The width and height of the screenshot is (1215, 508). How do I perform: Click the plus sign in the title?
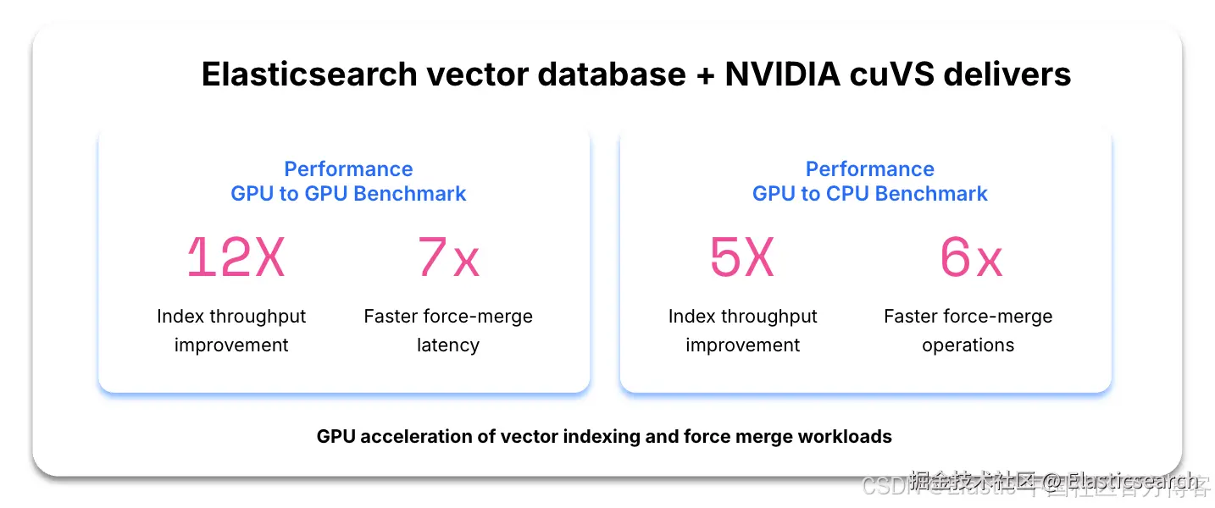[705, 75]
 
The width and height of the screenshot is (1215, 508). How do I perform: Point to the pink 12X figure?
[236, 257]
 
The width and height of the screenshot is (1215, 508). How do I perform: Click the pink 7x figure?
[448, 257]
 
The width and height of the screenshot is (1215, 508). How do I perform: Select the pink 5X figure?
[742, 257]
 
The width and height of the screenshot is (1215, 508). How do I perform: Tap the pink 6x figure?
[971, 257]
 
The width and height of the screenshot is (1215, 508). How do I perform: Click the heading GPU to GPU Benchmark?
[348, 194]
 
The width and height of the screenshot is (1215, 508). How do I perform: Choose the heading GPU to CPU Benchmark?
[869, 194]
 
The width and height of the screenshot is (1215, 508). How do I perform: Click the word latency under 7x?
[448, 345]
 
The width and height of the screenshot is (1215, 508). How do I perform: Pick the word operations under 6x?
[968, 345]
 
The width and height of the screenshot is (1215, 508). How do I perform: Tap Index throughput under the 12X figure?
[231, 317]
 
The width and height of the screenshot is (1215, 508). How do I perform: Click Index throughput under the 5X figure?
[742, 317]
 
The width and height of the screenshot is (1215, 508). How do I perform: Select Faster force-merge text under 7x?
[448, 317]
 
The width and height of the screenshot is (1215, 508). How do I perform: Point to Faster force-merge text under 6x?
[968, 317]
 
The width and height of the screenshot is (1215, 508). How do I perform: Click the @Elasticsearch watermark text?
[1120, 482]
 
